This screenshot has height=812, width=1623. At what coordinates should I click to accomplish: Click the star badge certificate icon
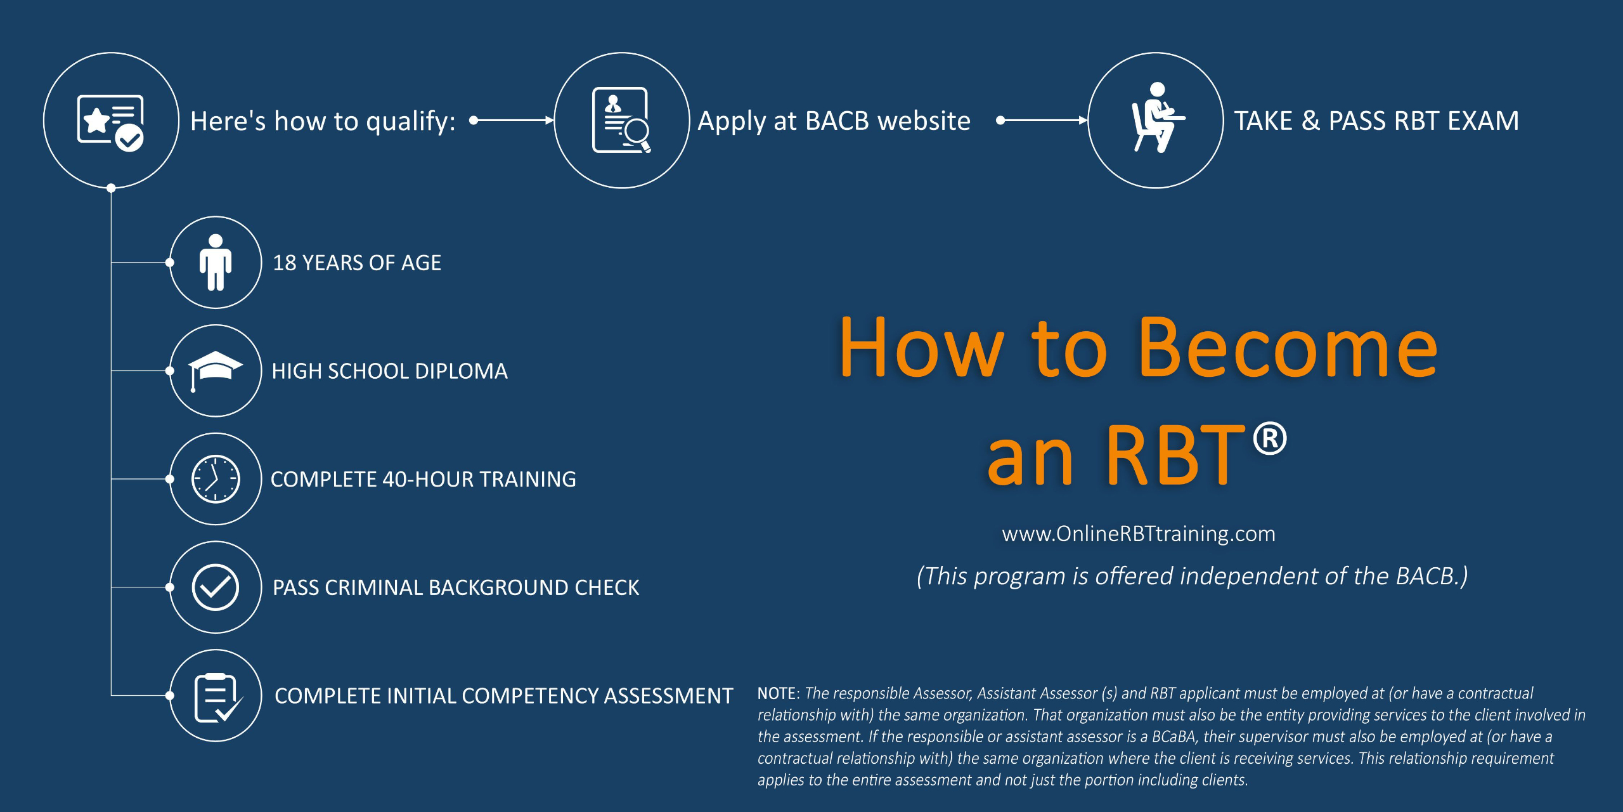(x=111, y=121)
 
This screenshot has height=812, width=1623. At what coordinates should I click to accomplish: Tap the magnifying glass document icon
(x=621, y=121)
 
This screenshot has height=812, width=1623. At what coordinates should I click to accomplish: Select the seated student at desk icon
(x=1156, y=119)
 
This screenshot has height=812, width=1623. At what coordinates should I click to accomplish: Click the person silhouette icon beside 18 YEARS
(x=216, y=262)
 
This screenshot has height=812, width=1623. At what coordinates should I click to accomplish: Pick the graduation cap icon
(x=216, y=369)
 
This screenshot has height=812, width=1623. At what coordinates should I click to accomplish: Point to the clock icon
(x=216, y=479)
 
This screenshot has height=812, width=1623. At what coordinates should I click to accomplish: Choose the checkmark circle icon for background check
(x=216, y=587)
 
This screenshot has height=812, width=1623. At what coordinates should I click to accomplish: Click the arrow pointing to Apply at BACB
(x=514, y=120)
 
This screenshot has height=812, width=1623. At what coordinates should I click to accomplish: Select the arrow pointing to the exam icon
(x=1043, y=120)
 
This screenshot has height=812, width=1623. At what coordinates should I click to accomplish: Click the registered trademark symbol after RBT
(x=1270, y=439)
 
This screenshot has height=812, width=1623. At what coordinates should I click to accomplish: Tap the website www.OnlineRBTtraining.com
(x=1139, y=534)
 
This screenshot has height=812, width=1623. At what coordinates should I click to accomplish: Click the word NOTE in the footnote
(x=777, y=693)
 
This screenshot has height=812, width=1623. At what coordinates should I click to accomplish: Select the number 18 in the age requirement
(x=284, y=263)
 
